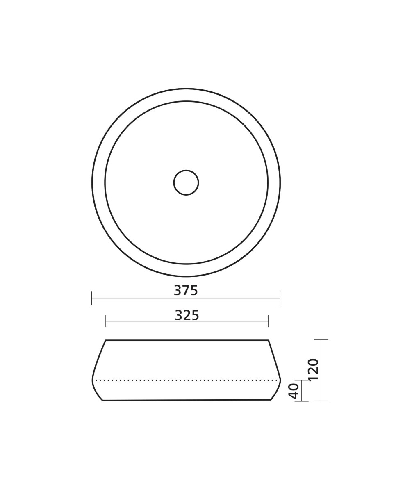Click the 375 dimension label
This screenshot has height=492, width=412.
(x=186, y=290)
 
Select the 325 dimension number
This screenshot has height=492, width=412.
(x=187, y=315)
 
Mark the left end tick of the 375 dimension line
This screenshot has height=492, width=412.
(x=92, y=298)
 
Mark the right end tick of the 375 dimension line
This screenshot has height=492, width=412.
(x=280, y=298)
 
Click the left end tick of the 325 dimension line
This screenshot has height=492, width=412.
(x=106, y=321)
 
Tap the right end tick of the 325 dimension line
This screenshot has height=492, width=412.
(x=268, y=321)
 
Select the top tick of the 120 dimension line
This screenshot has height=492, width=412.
(x=321, y=340)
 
